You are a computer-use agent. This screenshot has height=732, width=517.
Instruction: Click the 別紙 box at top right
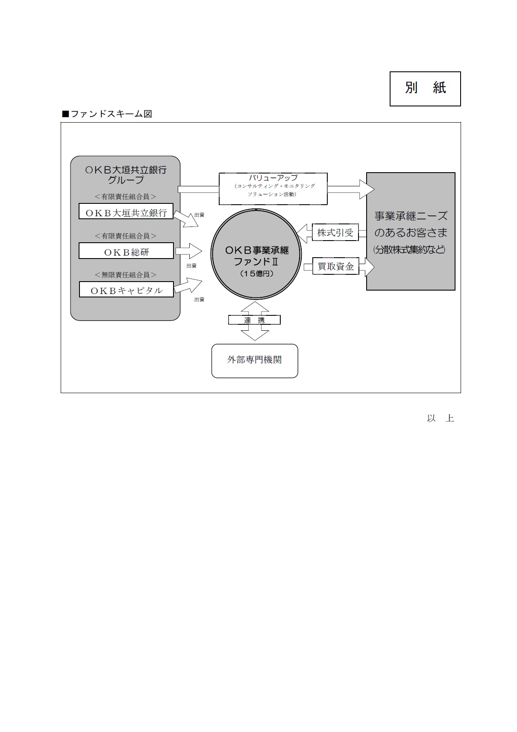click(x=425, y=88)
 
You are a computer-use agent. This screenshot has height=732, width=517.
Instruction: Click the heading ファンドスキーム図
click(x=107, y=114)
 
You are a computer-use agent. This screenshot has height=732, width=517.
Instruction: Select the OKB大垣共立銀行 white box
click(x=126, y=212)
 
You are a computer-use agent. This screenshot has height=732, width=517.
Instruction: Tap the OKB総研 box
click(x=126, y=251)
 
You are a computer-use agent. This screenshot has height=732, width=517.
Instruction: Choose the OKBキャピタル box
click(x=126, y=290)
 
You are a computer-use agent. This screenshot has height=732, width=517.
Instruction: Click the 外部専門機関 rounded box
click(x=255, y=360)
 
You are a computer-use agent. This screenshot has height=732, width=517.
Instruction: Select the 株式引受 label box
click(x=335, y=233)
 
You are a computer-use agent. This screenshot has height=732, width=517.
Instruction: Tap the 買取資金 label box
click(x=336, y=267)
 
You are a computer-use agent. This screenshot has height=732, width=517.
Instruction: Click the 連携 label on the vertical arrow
click(x=254, y=320)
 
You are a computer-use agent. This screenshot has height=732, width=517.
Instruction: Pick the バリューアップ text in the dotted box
click(x=273, y=178)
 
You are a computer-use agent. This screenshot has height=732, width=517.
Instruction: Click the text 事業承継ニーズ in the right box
click(x=411, y=216)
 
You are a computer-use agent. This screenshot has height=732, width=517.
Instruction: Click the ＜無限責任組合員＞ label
click(x=126, y=275)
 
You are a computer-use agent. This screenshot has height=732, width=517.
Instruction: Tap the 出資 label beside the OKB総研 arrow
click(x=191, y=266)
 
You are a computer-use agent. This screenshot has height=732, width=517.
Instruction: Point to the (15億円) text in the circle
click(x=256, y=274)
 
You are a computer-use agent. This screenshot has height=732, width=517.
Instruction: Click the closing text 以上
click(x=440, y=418)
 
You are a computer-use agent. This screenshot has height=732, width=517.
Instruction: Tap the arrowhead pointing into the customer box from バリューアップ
click(x=366, y=189)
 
